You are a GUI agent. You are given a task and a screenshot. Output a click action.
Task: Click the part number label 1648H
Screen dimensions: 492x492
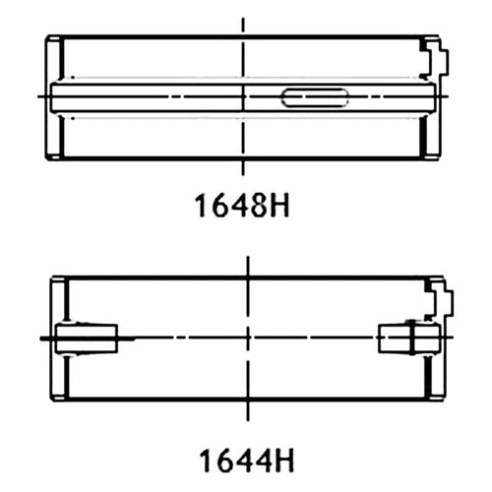(x=242, y=206)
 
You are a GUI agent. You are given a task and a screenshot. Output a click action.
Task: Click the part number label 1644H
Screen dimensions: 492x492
(x=247, y=461)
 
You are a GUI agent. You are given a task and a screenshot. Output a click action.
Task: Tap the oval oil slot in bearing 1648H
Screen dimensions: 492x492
(x=315, y=97)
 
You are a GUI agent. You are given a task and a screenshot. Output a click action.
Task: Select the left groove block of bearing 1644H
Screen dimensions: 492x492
(x=87, y=338)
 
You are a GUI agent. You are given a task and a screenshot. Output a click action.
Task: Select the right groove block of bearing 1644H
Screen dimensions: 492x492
(x=408, y=338)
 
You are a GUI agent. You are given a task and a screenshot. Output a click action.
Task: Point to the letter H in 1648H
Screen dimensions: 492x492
(x=279, y=206)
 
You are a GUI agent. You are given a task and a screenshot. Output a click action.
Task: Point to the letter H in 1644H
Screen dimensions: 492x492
(x=284, y=461)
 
